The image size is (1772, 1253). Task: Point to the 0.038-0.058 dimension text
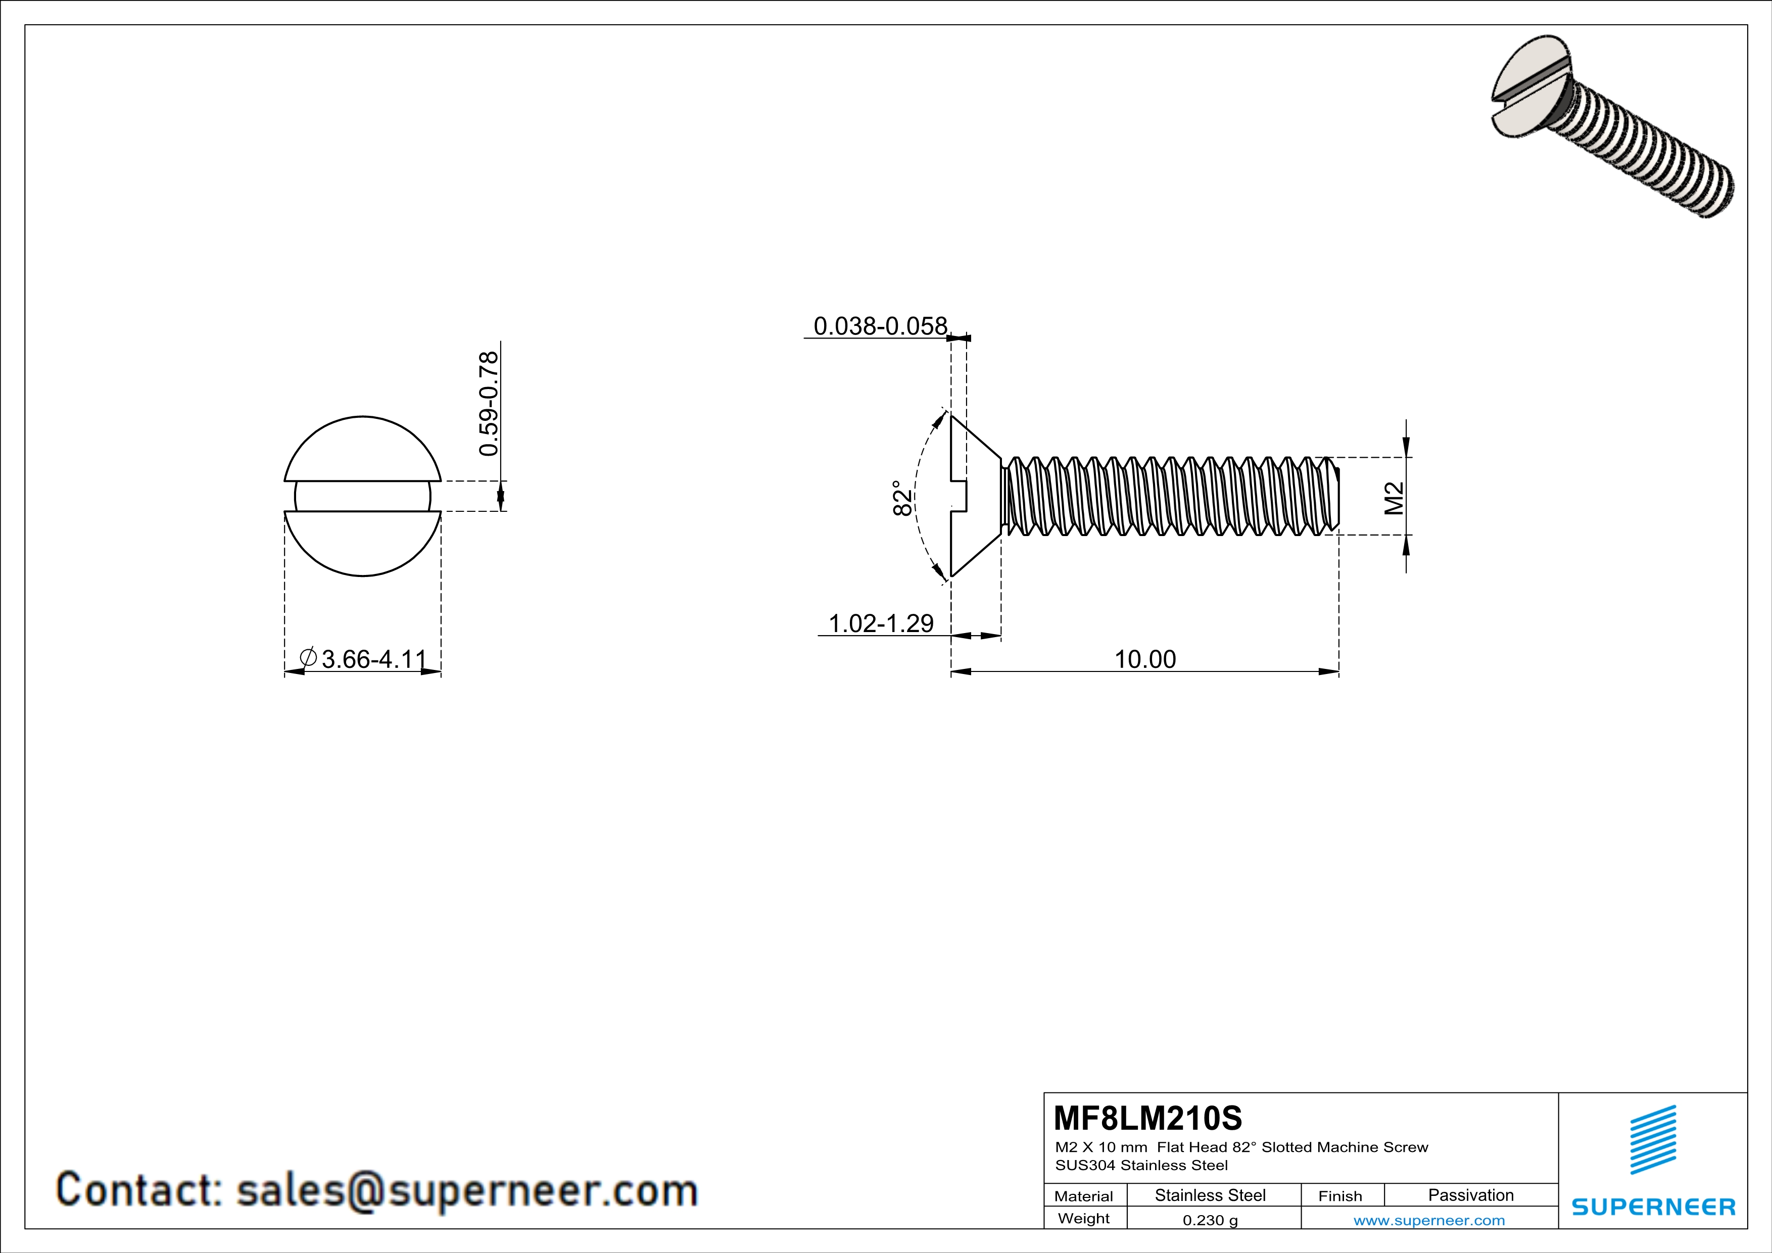880,326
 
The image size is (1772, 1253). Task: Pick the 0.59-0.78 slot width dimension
489,404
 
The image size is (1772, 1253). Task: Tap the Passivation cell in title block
1470,1195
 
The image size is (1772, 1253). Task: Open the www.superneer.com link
1428,1220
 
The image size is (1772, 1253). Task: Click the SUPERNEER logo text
1653,1207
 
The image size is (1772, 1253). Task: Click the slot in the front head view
363,496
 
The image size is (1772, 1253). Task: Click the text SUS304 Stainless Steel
1141,1165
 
